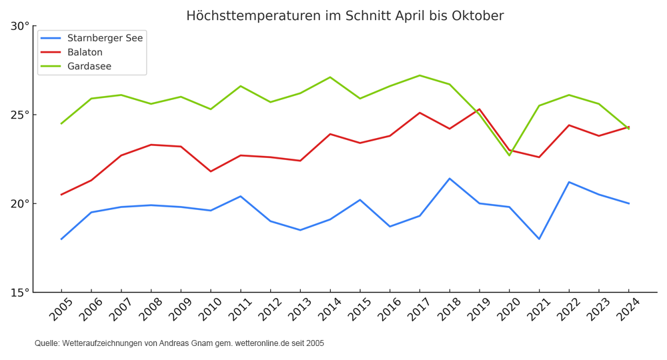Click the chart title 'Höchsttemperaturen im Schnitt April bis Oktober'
click(345, 16)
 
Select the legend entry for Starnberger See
click(105, 38)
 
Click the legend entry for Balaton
click(85, 52)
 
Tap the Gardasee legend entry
click(89, 66)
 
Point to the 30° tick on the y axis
click(20, 27)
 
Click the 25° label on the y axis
click(20, 115)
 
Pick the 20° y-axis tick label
click(20, 203)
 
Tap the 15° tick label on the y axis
click(20, 292)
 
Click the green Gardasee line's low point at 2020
click(509, 155)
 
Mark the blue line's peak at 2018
click(450, 179)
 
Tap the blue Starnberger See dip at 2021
click(539, 239)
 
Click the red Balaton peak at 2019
click(480, 109)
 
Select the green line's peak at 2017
click(420, 75)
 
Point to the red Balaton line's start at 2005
click(61, 195)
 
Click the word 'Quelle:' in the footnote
click(47, 343)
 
